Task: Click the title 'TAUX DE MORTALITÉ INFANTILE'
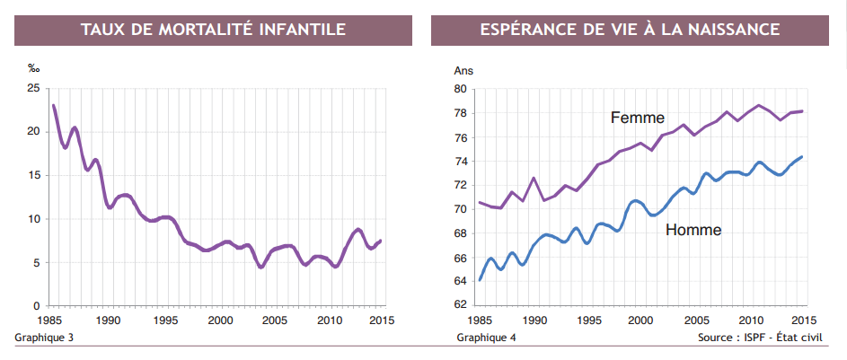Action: click(x=213, y=30)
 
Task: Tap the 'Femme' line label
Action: click(x=637, y=118)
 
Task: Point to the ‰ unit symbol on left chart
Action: click(x=34, y=68)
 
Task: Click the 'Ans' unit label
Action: click(x=463, y=70)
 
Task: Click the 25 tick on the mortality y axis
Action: click(x=33, y=88)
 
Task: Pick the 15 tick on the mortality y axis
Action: click(x=33, y=175)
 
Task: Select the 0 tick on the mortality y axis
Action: click(x=36, y=306)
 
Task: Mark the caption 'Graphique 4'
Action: click(x=486, y=338)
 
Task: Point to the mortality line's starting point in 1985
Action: click(x=54, y=106)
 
